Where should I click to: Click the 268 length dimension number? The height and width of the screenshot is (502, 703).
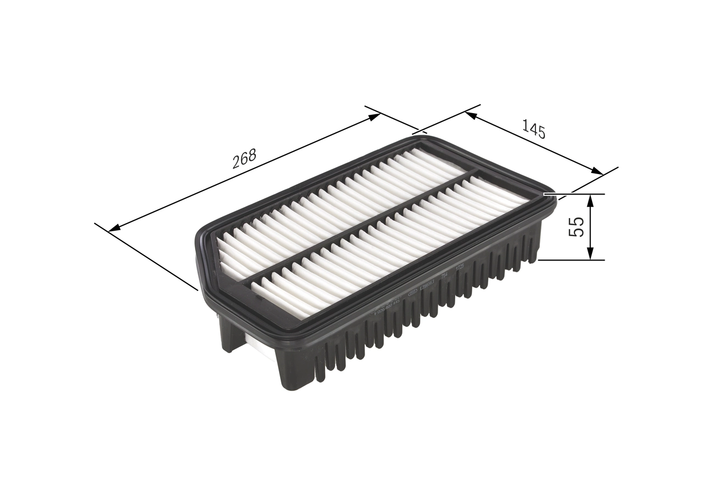[244, 158]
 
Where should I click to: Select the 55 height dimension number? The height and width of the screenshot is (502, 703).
[576, 226]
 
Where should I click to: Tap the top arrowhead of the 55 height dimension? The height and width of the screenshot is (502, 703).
[590, 199]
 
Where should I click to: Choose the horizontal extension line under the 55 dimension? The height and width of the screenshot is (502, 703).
[571, 260]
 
